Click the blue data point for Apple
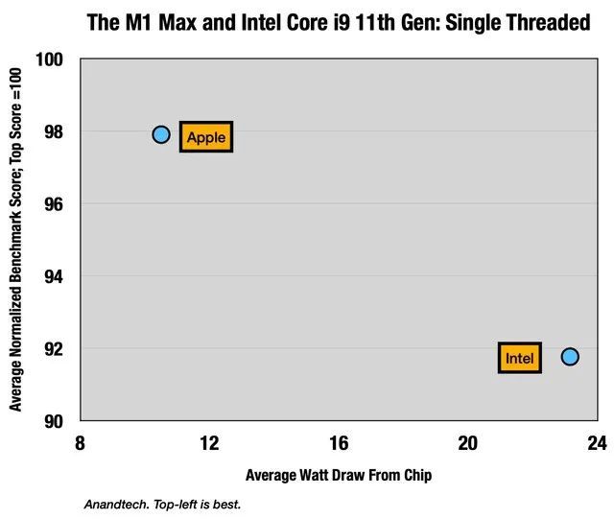(x=160, y=135)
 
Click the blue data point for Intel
(x=570, y=357)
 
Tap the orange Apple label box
(x=206, y=137)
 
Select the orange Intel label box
(x=520, y=359)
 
